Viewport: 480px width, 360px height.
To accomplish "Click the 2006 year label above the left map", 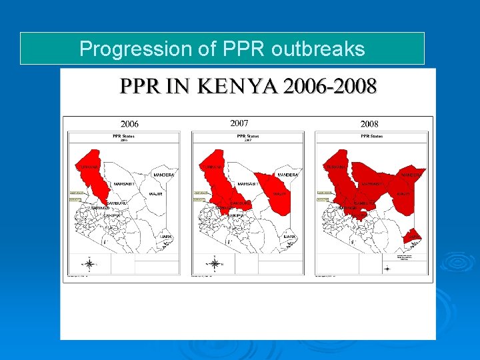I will click(129, 124).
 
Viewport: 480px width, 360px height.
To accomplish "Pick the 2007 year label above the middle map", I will click(239, 123).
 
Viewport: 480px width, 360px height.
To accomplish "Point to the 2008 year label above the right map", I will click(369, 124).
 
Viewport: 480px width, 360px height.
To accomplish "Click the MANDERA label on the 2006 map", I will click(164, 175).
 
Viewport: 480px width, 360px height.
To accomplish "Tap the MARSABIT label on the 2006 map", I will click(125, 183).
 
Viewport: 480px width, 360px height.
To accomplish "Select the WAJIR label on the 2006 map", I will click(156, 194).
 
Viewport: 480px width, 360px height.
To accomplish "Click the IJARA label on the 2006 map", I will click(166, 236).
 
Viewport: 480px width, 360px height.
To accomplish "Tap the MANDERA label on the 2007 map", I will click(287, 175).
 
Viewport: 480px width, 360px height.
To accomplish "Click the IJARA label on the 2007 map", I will click(289, 236).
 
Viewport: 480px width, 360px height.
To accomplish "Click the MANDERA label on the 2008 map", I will click(411, 175).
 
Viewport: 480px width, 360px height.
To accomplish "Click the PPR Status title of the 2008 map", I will click(371, 136).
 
